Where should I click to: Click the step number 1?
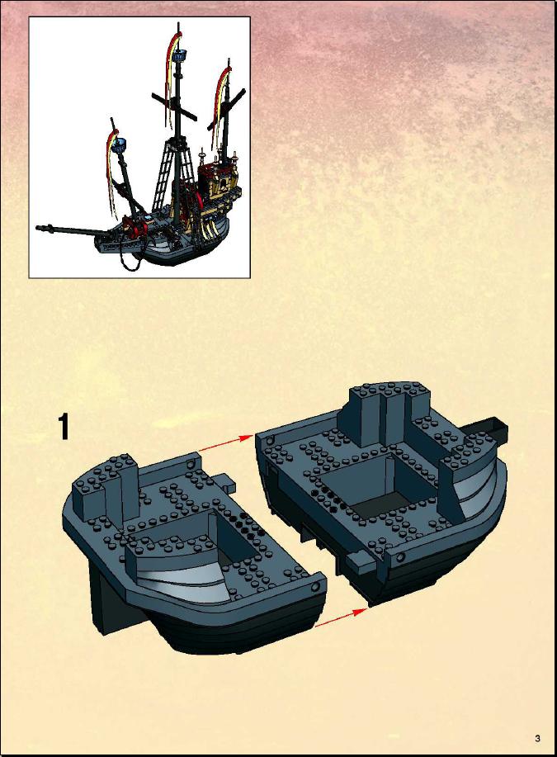tap(64, 426)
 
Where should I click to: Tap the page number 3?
tap(537, 738)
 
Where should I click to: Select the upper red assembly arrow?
tap(226, 443)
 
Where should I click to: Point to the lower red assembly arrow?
tap(340, 618)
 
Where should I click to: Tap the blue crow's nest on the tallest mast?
tap(180, 55)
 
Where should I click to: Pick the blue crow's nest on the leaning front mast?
tap(120, 144)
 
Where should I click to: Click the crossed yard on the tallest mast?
tap(174, 106)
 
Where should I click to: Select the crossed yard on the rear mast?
tap(226, 111)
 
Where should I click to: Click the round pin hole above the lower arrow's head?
tap(400, 557)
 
